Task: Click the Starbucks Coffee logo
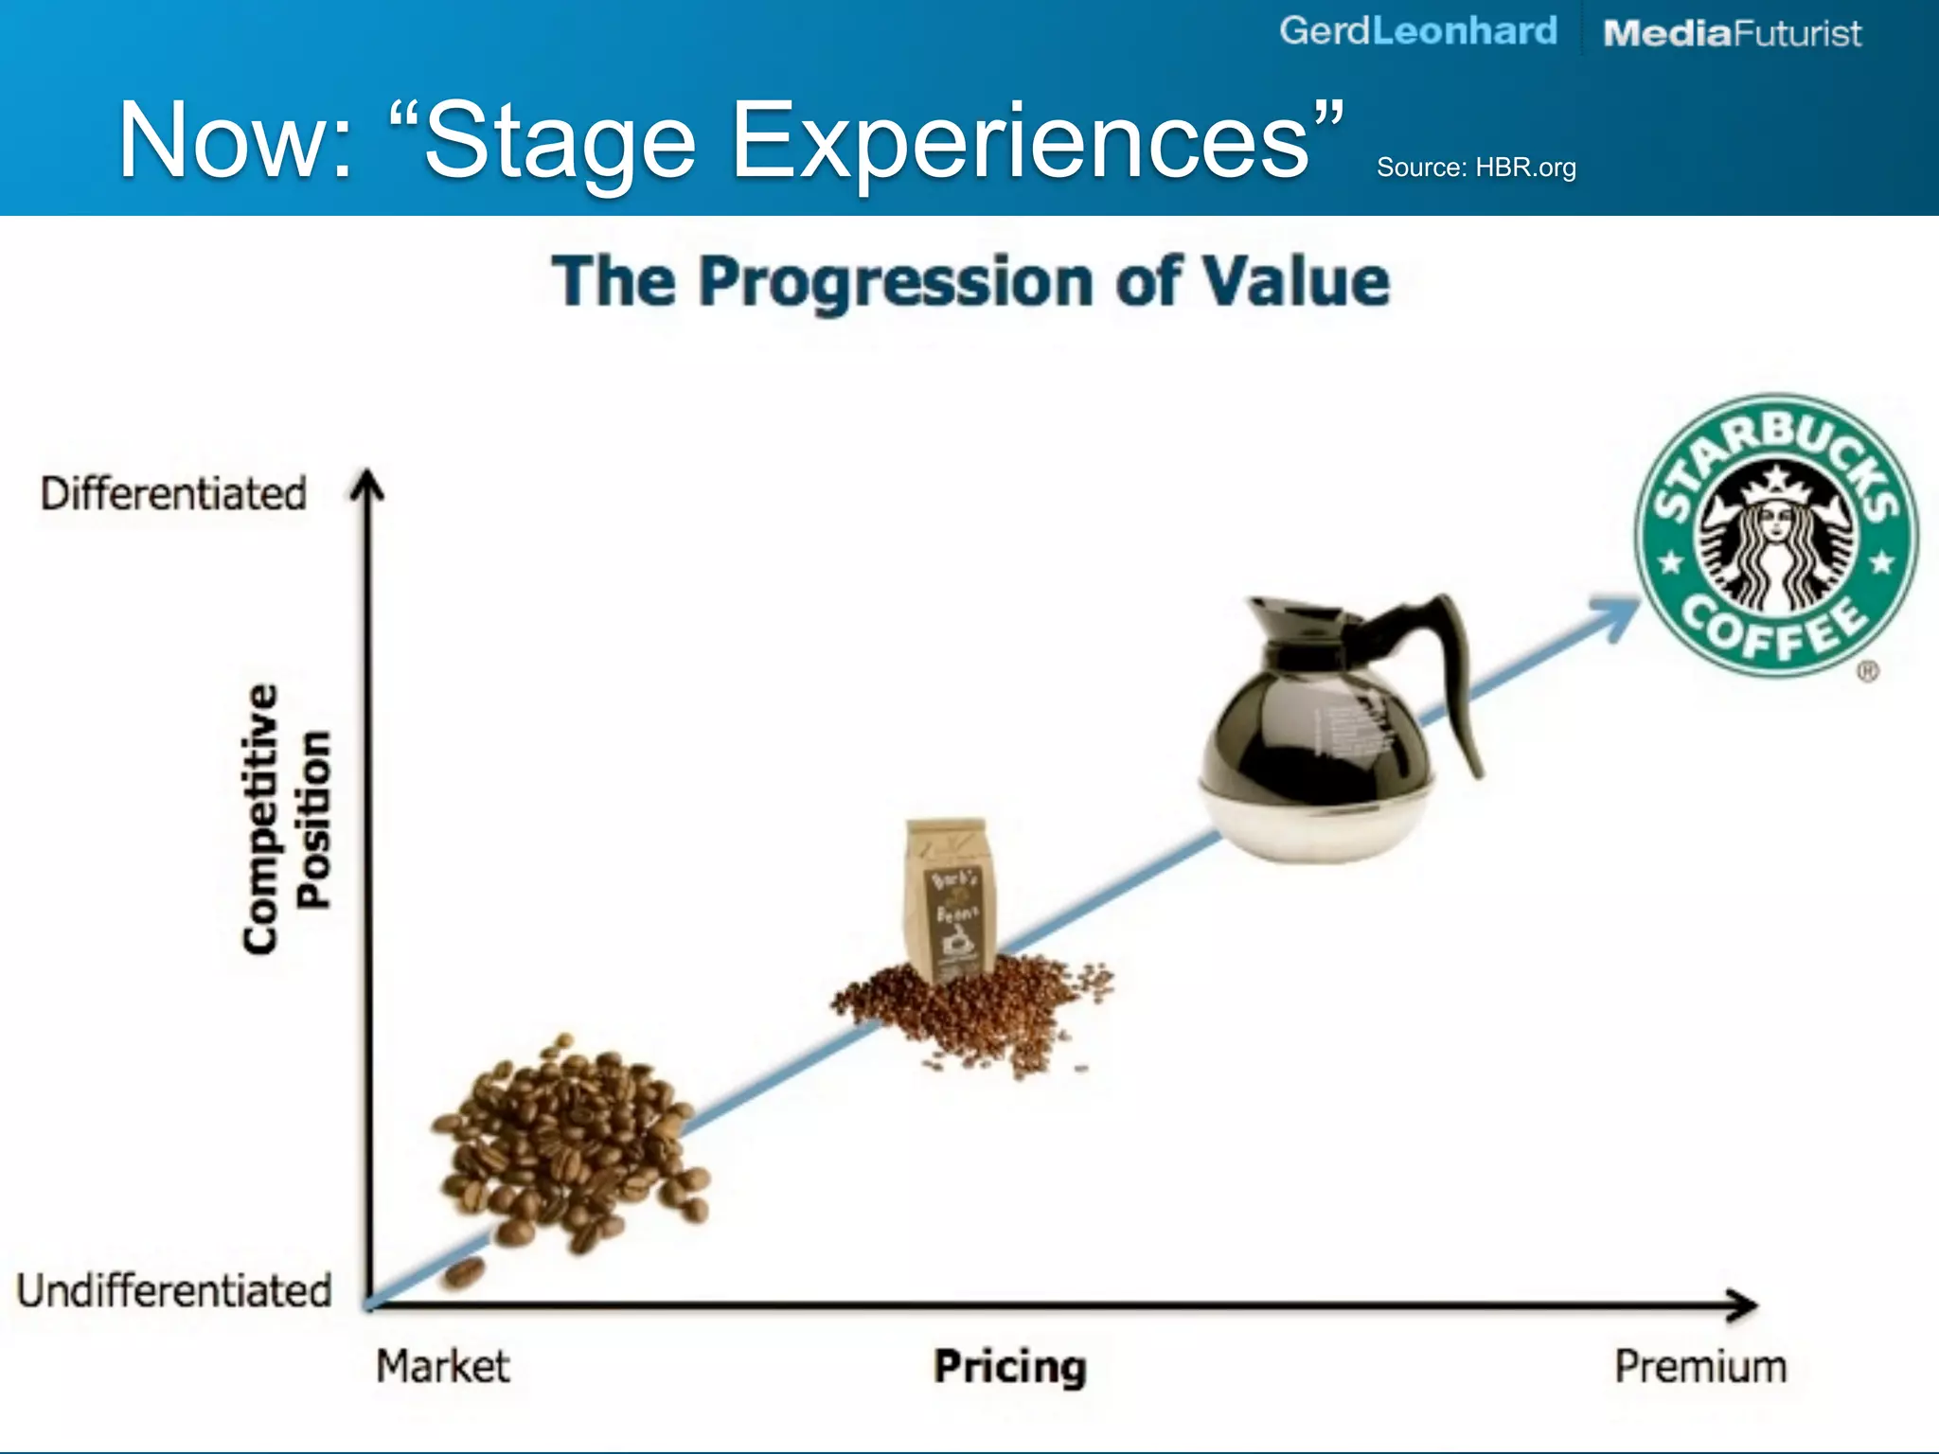1776,536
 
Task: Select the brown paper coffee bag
949,899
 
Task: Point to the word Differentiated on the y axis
173,494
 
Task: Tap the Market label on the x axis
442,1367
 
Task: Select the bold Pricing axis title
1010,1367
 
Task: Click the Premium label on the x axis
1700,1367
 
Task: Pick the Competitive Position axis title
286,819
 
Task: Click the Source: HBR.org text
1476,168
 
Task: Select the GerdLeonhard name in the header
1417,31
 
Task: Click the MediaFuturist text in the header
1732,34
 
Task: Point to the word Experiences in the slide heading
1023,142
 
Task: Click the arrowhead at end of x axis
1742,1305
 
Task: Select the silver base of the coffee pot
1316,824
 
